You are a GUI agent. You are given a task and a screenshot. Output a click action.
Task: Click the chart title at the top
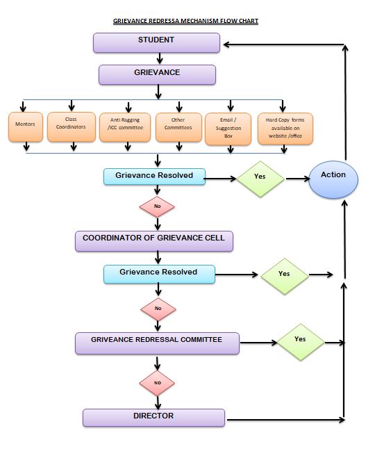click(185, 22)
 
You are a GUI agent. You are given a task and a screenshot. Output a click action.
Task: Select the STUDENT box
click(156, 42)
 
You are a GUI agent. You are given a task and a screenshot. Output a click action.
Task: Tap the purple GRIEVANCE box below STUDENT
click(157, 74)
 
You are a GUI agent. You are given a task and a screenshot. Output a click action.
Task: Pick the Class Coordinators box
click(72, 127)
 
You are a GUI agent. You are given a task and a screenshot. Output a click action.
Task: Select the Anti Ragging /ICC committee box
click(124, 127)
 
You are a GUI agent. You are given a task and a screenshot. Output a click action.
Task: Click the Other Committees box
click(178, 127)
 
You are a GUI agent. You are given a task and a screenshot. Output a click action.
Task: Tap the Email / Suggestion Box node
click(228, 128)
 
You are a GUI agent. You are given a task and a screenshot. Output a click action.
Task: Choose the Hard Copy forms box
click(285, 128)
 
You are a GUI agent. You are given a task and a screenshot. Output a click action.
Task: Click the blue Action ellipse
click(333, 179)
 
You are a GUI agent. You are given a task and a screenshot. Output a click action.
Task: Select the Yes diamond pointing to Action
click(260, 177)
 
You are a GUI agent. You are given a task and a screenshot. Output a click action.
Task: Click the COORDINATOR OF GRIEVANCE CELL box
click(153, 240)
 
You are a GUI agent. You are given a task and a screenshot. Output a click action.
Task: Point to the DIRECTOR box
click(153, 417)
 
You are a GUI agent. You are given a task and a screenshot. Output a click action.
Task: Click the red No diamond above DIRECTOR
click(157, 382)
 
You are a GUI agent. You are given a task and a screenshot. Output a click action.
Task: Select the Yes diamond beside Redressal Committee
click(300, 341)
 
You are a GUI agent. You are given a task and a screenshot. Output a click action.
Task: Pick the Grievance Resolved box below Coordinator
click(158, 274)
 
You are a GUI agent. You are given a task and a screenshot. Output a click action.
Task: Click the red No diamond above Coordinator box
click(157, 206)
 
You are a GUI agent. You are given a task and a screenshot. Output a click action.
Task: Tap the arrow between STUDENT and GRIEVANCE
click(158, 58)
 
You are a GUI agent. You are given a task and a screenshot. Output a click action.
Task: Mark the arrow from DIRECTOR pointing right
click(285, 420)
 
